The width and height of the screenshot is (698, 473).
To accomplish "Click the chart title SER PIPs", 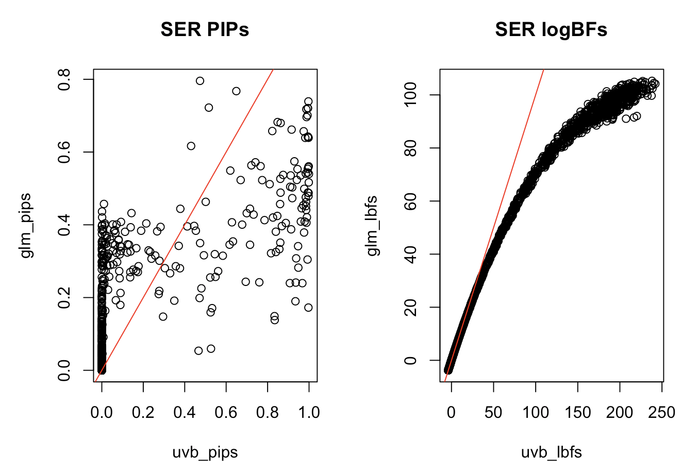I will click(x=205, y=30).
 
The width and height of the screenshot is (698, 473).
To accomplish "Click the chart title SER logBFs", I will click(x=551, y=30).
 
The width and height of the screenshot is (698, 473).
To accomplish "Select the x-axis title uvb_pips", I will click(x=205, y=452).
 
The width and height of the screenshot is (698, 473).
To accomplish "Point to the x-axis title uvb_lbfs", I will click(x=551, y=452).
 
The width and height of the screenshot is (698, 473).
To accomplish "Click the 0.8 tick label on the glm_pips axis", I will click(x=64, y=79).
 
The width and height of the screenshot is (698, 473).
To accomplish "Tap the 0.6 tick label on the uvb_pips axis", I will click(x=226, y=413).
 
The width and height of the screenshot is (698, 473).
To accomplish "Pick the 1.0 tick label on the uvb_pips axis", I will click(x=308, y=413).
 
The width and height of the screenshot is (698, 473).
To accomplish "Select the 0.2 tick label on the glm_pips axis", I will click(x=64, y=298).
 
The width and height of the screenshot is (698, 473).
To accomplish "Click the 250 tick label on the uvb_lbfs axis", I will click(x=662, y=413).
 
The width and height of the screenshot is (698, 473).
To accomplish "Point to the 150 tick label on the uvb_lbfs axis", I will click(x=578, y=413).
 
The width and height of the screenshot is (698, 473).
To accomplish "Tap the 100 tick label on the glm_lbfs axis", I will click(x=411, y=95).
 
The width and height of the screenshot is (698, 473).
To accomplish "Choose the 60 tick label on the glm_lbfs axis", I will click(x=411, y=201).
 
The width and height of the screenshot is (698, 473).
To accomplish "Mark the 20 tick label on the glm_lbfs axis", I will click(x=411, y=307).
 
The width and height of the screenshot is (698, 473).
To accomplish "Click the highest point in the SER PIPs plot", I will click(x=200, y=81).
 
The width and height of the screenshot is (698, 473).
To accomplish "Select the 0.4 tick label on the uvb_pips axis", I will click(x=185, y=413).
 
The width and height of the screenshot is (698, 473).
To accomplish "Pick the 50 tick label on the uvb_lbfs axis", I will click(x=493, y=413).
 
